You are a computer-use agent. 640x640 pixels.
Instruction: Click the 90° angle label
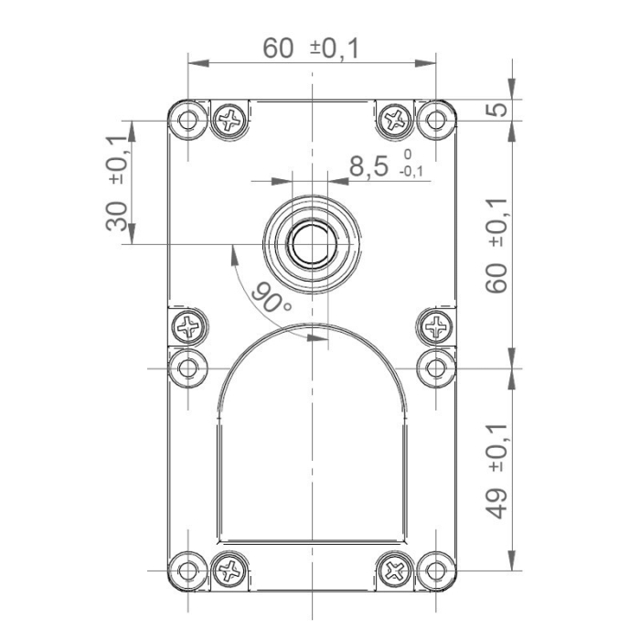[272, 297]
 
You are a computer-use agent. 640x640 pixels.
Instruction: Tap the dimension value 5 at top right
[495, 110]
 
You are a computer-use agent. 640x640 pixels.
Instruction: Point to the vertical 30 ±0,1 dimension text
[116, 183]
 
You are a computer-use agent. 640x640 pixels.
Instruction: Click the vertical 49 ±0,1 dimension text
[496, 470]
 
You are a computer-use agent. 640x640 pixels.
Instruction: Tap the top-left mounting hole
[189, 120]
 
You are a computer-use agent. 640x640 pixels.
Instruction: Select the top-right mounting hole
[436, 119]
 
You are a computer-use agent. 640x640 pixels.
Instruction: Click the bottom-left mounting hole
[189, 571]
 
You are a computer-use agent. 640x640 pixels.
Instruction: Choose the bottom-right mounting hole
[436, 571]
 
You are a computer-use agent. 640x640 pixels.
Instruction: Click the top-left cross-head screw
[230, 120]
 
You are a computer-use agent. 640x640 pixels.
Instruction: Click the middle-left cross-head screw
[190, 325]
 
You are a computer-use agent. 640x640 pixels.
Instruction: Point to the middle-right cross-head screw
[436, 325]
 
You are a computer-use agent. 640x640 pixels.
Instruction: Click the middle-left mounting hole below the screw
[189, 368]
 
